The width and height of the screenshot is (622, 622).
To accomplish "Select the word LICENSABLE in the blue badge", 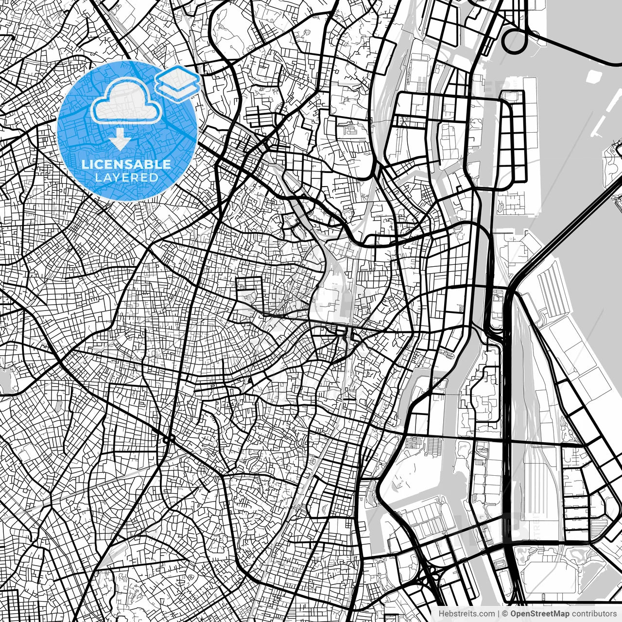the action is [x=126, y=164].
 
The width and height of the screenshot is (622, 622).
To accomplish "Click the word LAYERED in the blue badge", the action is [x=126, y=178].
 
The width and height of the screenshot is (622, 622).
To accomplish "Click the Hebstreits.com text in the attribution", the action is [x=467, y=614].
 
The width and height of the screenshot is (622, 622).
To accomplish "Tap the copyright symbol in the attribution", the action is [x=505, y=614].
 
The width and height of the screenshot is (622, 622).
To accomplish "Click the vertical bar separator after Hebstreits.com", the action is [x=499, y=614].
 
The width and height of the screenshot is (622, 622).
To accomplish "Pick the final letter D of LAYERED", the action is [x=155, y=178].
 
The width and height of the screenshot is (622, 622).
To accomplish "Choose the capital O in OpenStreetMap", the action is [x=513, y=614].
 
